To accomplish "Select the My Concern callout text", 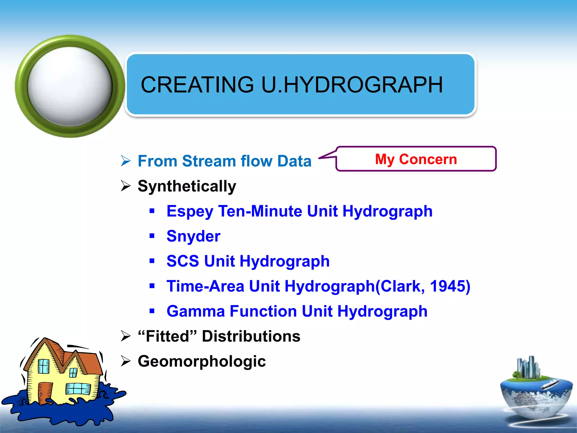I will pyautogui.click(x=416, y=159).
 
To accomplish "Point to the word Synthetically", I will pyautogui.click(x=187, y=186).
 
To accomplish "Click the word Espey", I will pyautogui.click(x=190, y=211).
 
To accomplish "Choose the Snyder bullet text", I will pyautogui.click(x=193, y=236).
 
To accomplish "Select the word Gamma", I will pyautogui.click(x=196, y=311).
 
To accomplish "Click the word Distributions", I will pyautogui.click(x=251, y=336).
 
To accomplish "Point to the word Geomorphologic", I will pyautogui.click(x=202, y=361).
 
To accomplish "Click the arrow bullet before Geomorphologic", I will pyautogui.click(x=126, y=361).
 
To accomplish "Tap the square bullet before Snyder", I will pyautogui.click(x=152, y=236).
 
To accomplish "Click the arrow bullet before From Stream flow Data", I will pyautogui.click(x=126, y=161).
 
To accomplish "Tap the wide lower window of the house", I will pyautogui.click(x=78, y=389).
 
